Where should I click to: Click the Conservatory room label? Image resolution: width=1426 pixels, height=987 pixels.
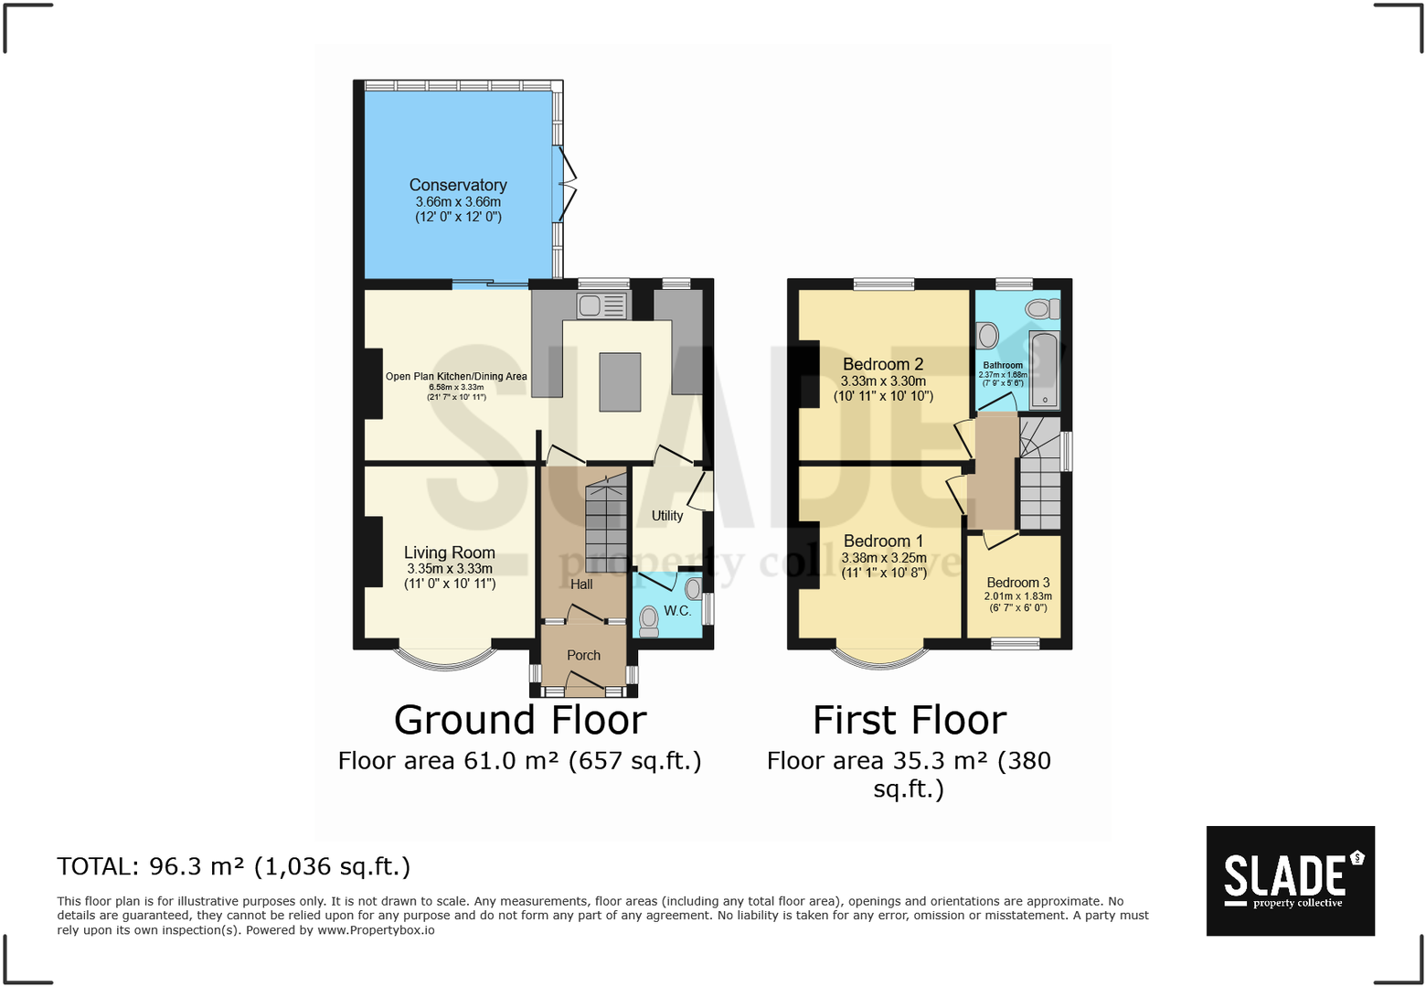click(x=458, y=185)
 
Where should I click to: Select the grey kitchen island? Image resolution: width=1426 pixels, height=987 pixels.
click(x=620, y=382)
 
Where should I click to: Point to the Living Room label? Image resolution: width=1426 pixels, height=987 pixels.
click(x=450, y=553)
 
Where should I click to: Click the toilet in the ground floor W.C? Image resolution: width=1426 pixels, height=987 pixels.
click(x=649, y=621)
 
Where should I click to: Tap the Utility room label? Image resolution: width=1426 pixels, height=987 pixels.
click(x=667, y=516)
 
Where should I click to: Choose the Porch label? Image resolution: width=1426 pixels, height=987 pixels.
click(x=584, y=655)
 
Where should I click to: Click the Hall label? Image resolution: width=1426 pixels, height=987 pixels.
click(x=582, y=585)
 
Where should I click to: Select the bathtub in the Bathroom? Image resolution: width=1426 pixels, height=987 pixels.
click(x=1044, y=370)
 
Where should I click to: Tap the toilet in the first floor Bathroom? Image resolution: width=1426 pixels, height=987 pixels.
click(x=1042, y=310)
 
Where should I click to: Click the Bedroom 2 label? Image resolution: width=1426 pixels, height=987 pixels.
click(x=883, y=364)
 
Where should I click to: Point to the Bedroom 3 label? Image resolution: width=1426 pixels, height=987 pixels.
click(x=1018, y=583)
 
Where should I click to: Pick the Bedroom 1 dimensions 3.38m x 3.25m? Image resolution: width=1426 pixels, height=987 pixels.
click(x=884, y=558)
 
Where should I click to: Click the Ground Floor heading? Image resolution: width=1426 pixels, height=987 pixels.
click(x=520, y=720)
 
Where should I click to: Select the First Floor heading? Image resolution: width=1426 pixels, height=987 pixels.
click(x=910, y=720)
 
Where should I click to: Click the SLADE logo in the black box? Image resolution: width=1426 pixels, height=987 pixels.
click(x=1291, y=881)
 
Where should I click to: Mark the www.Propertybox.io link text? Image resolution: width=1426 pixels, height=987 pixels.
click(x=376, y=930)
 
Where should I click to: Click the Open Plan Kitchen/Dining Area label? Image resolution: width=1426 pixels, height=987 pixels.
click(x=456, y=377)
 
